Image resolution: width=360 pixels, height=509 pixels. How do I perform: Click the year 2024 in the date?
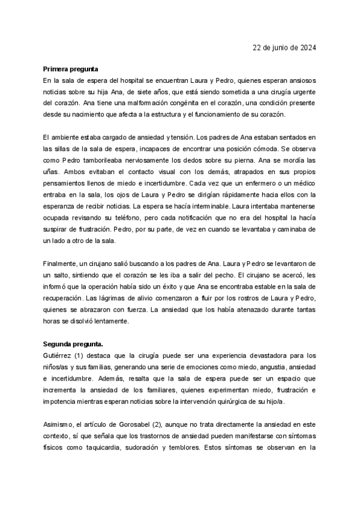[x=308, y=48]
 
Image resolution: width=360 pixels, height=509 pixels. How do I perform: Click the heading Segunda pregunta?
[x=73, y=344]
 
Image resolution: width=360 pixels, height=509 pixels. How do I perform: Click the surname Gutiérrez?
[x=57, y=355]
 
